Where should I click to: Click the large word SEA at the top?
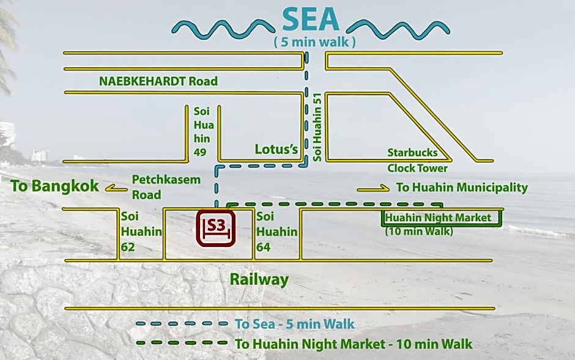click(x=310, y=20)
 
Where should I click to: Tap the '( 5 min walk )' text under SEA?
click(x=314, y=43)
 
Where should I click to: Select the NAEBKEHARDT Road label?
click(x=158, y=81)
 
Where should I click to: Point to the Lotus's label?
click(x=276, y=149)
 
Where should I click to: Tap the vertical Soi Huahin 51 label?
click(x=317, y=127)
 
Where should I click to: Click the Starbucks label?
click(x=412, y=152)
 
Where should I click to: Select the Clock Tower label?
click(x=417, y=168)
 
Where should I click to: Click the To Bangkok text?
click(x=54, y=186)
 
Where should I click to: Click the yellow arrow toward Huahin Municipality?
click(x=373, y=188)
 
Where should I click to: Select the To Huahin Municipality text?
click(x=462, y=188)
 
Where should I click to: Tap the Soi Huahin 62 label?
click(x=141, y=232)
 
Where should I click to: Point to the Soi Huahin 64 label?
click(x=276, y=232)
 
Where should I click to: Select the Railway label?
click(x=259, y=279)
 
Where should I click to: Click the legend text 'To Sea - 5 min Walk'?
click(x=294, y=324)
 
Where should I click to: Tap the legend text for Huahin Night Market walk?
click(x=354, y=344)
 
